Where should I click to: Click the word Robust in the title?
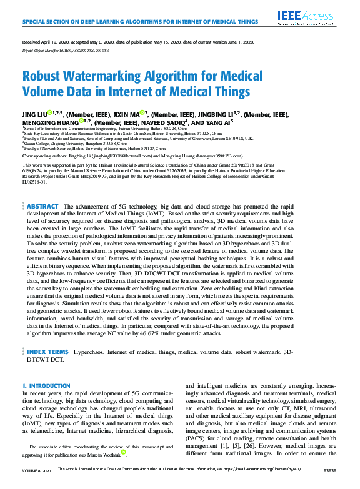pyautogui.click(x=43, y=76)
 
